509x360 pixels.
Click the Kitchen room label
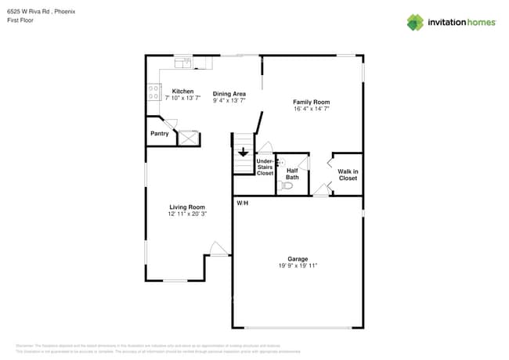(182, 92)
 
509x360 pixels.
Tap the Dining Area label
(229, 94)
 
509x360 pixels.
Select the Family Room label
(311, 103)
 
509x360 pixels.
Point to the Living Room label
(186, 207)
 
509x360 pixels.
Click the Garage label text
(298, 259)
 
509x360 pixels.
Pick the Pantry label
(160, 134)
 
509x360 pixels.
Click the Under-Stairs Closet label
(265, 167)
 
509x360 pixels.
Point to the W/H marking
(243, 203)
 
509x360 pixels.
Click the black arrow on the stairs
(243, 153)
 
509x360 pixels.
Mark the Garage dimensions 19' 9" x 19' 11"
(298, 266)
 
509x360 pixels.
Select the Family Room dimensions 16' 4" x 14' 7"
(311, 110)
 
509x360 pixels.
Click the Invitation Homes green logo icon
(414, 22)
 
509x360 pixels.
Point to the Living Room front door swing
(218, 250)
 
